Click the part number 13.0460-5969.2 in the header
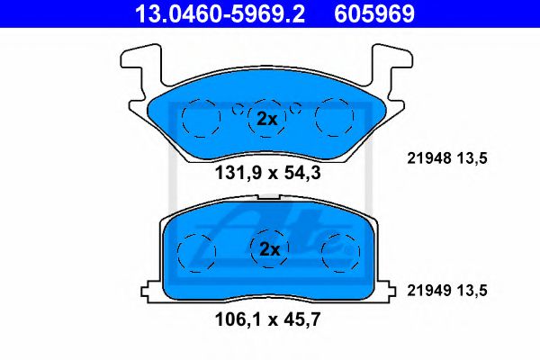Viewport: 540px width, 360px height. pyautogui.click(x=220, y=13)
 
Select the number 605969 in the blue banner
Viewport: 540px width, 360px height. pyautogui.click(x=374, y=13)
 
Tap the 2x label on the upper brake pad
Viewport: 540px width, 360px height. pyautogui.click(x=267, y=119)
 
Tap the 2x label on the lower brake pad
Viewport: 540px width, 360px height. pyautogui.click(x=270, y=249)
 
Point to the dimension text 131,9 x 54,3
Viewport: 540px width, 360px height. pyautogui.click(x=267, y=173)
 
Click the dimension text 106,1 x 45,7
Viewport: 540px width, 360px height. pyautogui.click(x=267, y=319)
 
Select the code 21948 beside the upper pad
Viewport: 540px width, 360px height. pyautogui.click(x=429, y=158)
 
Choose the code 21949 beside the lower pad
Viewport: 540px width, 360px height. pyautogui.click(x=429, y=291)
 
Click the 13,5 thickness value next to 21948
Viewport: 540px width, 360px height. pyautogui.click(x=472, y=158)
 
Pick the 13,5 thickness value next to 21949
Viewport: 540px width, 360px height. pyautogui.click(x=472, y=291)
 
